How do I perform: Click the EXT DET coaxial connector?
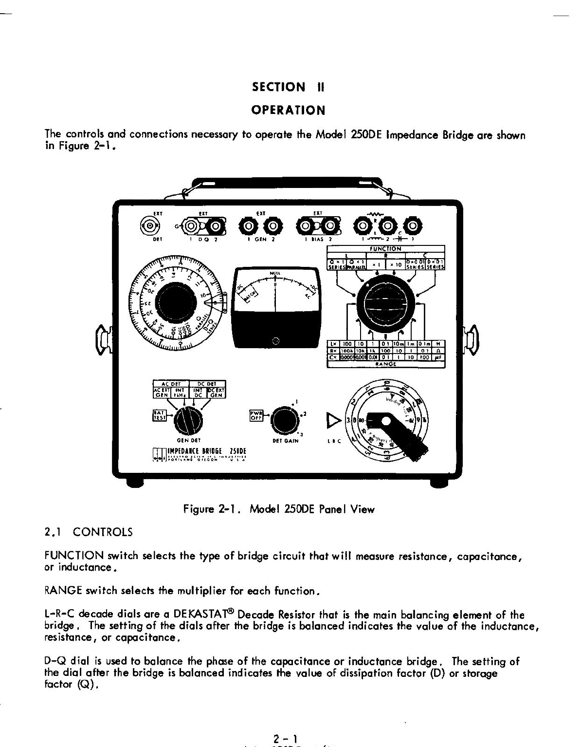(149, 225)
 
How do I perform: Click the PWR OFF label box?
(255, 415)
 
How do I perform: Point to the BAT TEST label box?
(159, 415)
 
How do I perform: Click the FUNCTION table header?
(385, 249)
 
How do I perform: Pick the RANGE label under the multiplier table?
(385, 364)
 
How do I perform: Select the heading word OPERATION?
(288, 110)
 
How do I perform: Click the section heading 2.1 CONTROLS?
(88, 532)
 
